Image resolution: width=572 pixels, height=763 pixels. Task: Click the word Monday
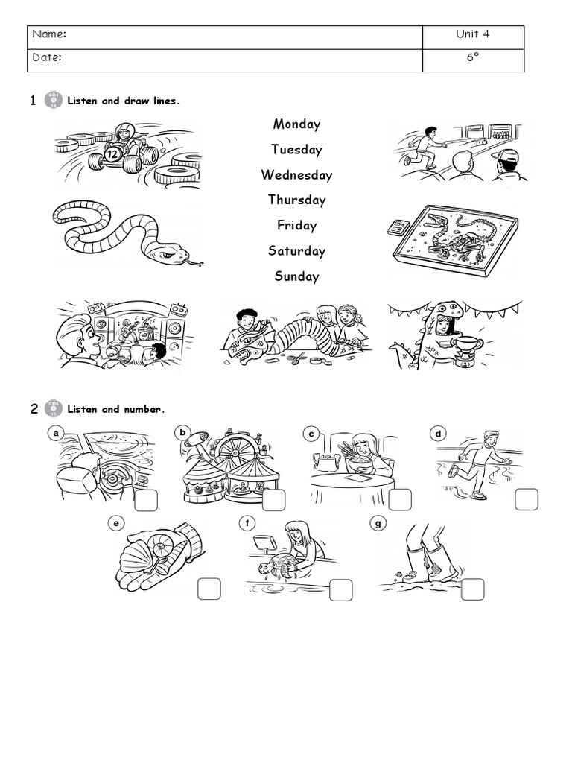coord(296,124)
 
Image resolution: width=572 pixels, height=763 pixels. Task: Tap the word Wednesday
coord(296,175)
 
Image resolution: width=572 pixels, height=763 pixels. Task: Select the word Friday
coord(296,226)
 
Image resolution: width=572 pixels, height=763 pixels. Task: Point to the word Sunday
coord(296,276)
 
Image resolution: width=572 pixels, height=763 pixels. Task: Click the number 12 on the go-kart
coord(113,154)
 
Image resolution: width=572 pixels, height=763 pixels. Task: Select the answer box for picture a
coord(146,500)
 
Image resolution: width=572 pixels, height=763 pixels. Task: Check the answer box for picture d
coord(526,499)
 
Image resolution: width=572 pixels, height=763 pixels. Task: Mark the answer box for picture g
coord(471,589)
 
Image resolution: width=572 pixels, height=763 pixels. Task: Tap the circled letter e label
coord(115,523)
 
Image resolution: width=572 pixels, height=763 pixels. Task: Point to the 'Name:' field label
coord(50,34)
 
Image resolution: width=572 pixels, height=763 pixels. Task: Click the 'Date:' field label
coord(47,58)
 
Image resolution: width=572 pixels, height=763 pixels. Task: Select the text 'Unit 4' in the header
coord(473,34)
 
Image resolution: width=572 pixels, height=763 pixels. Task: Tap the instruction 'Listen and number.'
coord(115,409)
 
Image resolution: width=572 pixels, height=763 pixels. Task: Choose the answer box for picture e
coord(209,589)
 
